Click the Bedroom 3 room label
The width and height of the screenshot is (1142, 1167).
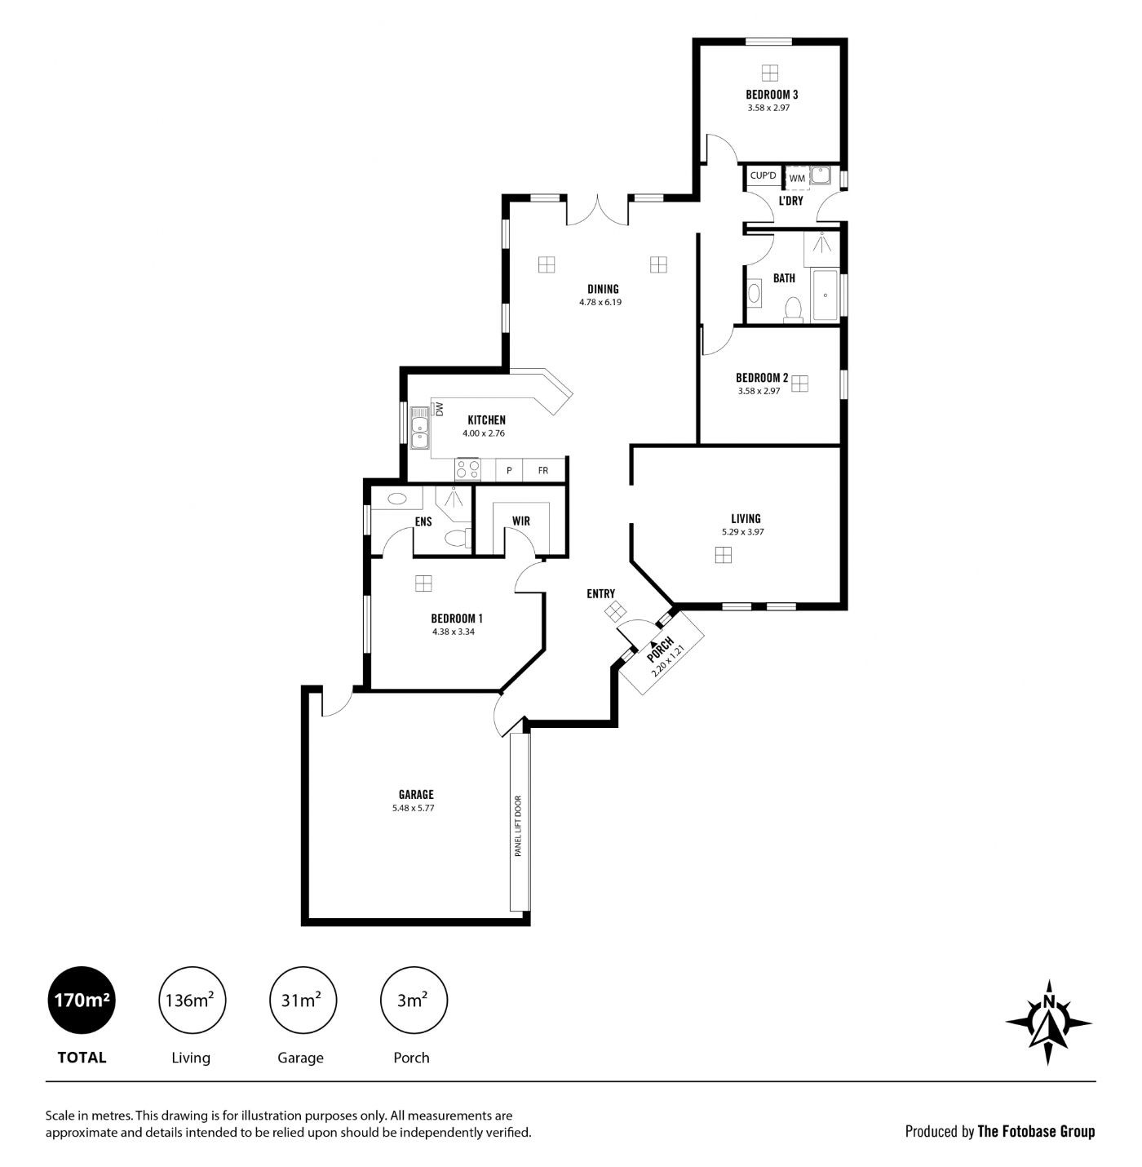tap(772, 95)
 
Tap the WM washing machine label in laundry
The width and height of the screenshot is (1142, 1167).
tap(797, 178)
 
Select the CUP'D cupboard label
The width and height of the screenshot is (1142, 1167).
tap(763, 175)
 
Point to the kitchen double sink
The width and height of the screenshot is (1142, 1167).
tap(419, 428)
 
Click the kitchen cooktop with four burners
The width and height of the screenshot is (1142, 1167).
tap(467, 468)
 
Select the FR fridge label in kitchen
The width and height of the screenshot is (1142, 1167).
tap(543, 471)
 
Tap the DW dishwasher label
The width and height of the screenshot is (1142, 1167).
tap(440, 409)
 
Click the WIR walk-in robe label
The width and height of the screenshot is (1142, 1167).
tap(520, 521)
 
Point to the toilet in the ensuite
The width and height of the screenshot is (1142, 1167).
tap(457, 536)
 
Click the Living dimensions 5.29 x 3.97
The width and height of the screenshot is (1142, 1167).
tap(743, 532)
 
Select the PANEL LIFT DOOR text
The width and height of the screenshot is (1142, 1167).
tap(518, 825)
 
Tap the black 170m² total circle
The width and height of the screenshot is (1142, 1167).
tap(82, 1000)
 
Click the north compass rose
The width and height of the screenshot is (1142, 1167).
tap(1049, 1023)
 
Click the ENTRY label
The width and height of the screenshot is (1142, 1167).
tap(600, 593)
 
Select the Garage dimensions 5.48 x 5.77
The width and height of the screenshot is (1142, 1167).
tap(414, 807)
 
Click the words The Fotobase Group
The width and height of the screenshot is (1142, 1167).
tap(1036, 1131)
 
